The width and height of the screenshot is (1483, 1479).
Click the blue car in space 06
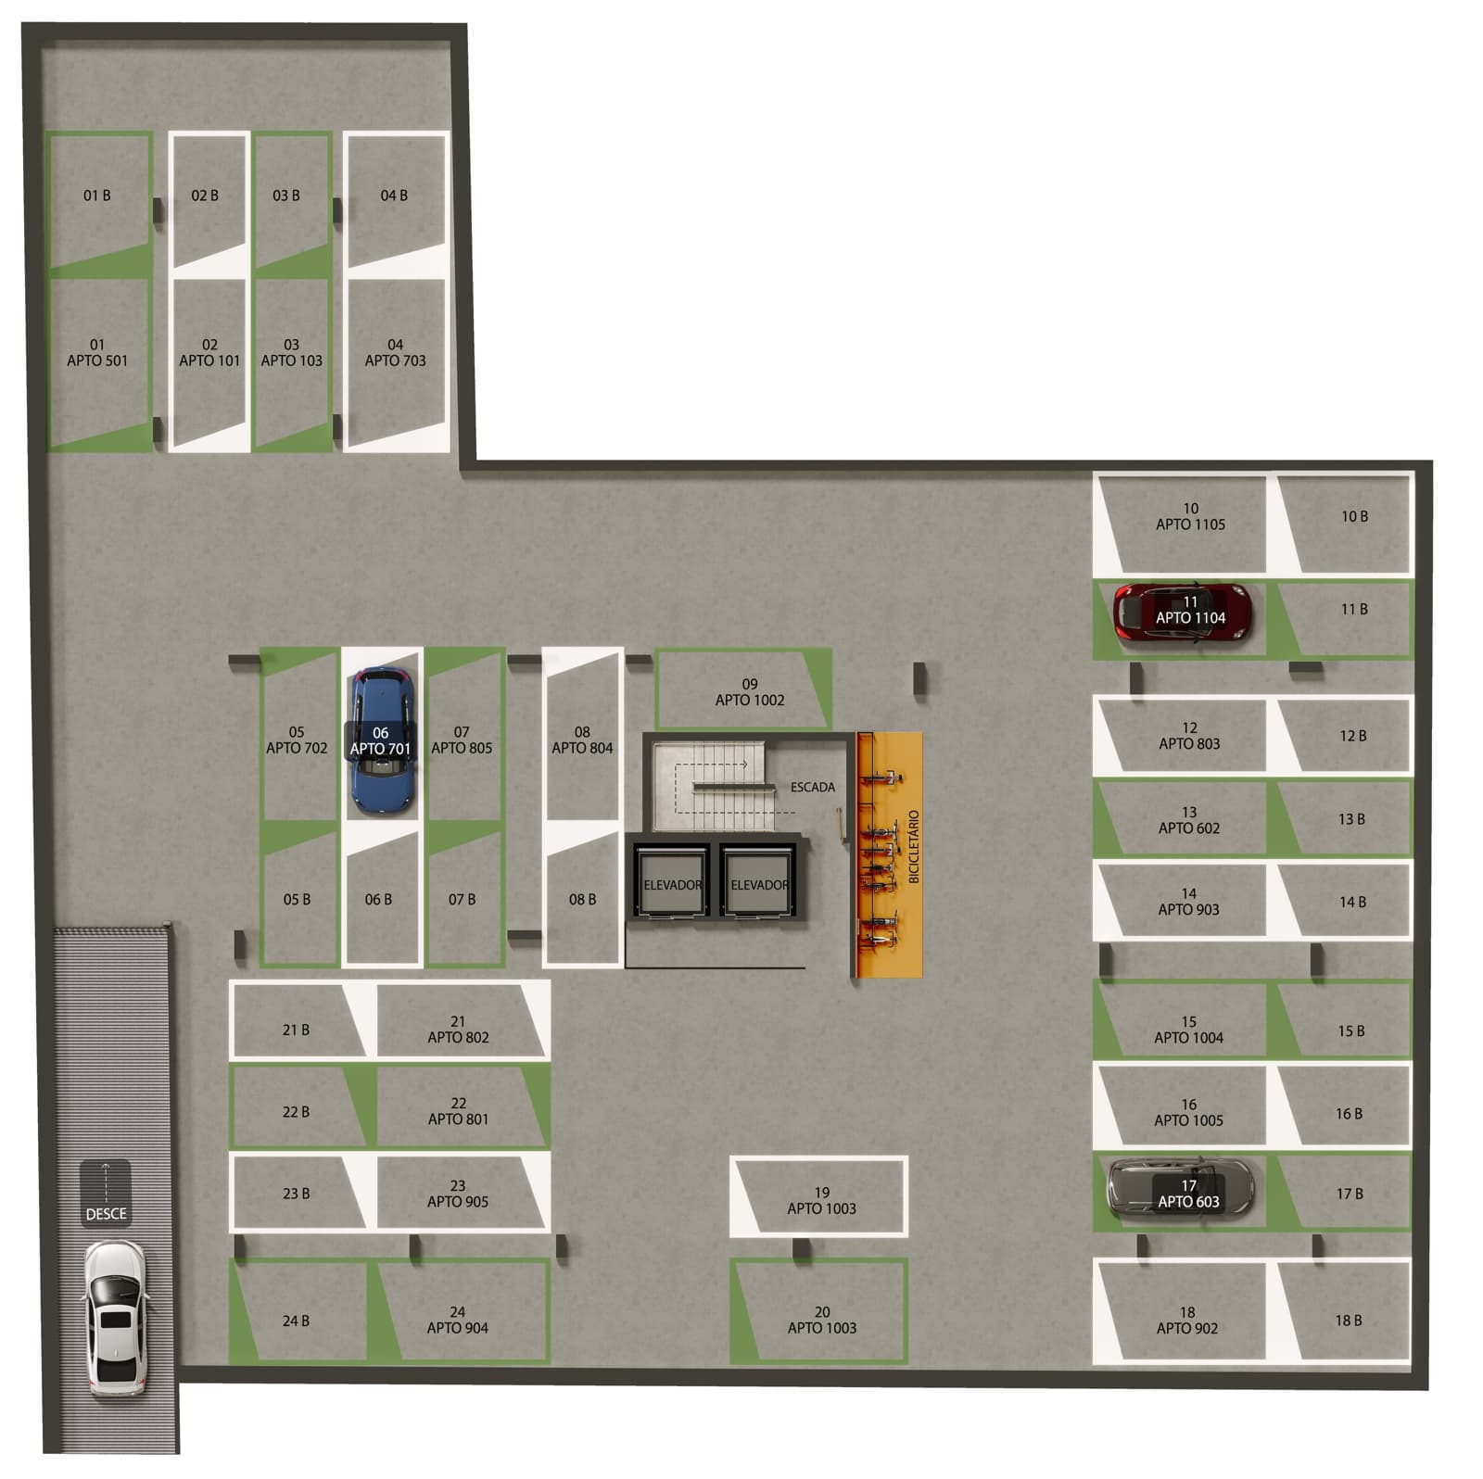(x=382, y=742)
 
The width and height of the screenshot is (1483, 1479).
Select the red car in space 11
(x=1183, y=613)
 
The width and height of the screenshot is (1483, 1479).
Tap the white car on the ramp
(x=115, y=1319)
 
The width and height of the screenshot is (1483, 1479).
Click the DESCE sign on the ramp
(x=106, y=1194)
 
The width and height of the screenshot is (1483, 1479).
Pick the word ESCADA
(x=813, y=787)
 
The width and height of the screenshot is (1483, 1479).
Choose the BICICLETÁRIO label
(x=914, y=846)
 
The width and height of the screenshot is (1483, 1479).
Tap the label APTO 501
(x=97, y=360)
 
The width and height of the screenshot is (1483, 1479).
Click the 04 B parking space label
(x=394, y=196)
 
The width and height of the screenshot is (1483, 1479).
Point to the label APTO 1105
(x=1190, y=525)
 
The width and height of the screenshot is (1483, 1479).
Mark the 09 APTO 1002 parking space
(x=743, y=689)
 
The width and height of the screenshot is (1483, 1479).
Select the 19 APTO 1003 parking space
(x=818, y=1196)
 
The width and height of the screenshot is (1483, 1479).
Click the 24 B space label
(x=296, y=1321)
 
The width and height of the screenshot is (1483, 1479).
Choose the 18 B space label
(x=1349, y=1321)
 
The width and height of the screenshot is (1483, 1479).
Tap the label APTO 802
(x=458, y=1037)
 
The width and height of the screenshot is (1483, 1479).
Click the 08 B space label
(x=582, y=899)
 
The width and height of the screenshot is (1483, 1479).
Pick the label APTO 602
(x=1189, y=828)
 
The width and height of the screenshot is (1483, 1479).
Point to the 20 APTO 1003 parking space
(x=818, y=1311)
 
